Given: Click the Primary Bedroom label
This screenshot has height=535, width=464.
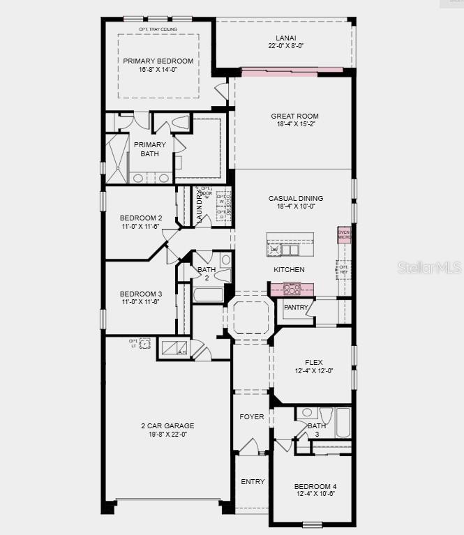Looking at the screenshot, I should pyautogui.click(x=158, y=61).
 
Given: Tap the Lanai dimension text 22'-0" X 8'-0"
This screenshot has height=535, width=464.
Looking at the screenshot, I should pyautogui.click(x=286, y=46).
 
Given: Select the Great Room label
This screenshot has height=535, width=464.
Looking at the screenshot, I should pyautogui.click(x=294, y=116).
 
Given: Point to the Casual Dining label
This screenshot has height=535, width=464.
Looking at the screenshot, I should pyautogui.click(x=296, y=199).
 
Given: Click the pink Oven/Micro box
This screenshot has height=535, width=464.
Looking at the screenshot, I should pyautogui.click(x=344, y=234).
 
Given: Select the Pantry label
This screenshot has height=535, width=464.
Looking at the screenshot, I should pyautogui.click(x=296, y=307).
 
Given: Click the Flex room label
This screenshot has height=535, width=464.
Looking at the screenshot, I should pyautogui.click(x=313, y=362).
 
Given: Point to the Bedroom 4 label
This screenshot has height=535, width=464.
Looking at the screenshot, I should pyautogui.click(x=315, y=486).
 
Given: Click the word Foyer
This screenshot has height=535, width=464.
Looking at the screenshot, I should pyautogui.click(x=252, y=417).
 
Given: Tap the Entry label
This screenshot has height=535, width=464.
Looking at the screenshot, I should pyautogui.click(x=253, y=482).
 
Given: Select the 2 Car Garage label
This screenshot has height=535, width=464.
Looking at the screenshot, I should pyautogui.click(x=167, y=425).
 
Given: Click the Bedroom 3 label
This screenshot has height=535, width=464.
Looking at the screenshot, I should pyautogui.click(x=140, y=294).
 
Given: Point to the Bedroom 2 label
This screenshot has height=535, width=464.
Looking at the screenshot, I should pyautogui.click(x=140, y=218).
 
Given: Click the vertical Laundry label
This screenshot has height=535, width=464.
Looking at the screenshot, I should pyautogui.click(x=199, y=206).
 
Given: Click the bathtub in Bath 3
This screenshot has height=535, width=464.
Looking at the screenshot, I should pyautogui.click(x=343, y=423).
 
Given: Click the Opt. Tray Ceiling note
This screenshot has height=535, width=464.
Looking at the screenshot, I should pyautogui.click(x=158, y=29).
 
